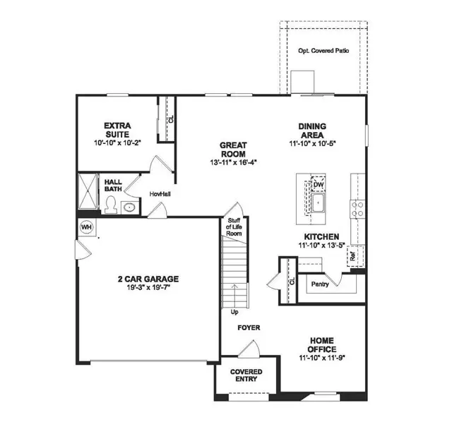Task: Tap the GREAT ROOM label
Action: [232, 148]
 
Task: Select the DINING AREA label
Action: [311, 130]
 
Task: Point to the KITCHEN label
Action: [321, 236]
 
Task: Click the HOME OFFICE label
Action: [321, 345]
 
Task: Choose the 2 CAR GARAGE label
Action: [148, 279]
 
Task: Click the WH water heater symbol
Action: [86, 226]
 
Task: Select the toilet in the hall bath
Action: [111, 205]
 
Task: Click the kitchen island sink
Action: [319, 205]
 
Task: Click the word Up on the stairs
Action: [234, 311]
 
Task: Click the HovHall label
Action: [157, 194]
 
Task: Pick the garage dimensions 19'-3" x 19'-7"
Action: [148, 288]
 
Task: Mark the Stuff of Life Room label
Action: [234, 227]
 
